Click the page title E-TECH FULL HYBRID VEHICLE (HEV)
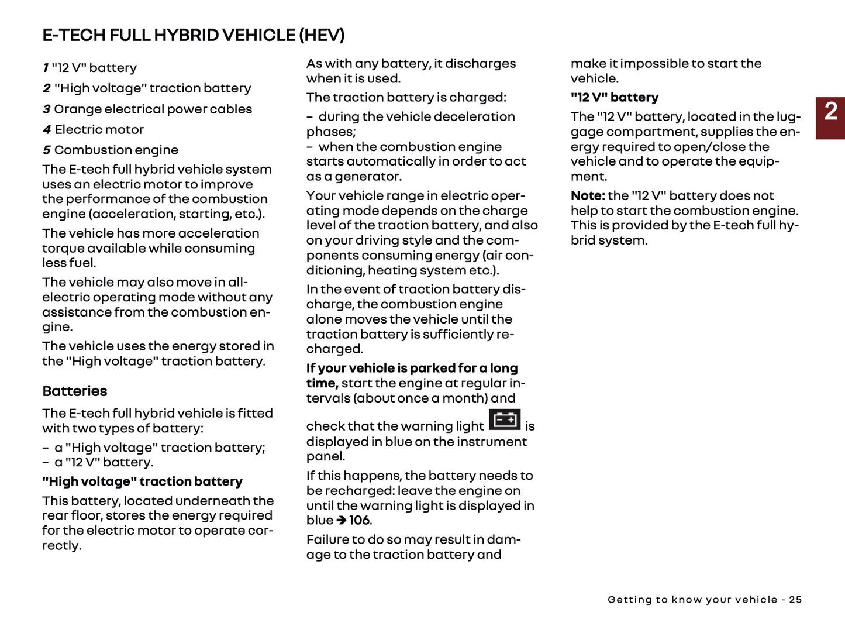point(193,35)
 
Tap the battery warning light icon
point(504,420)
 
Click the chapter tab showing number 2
point(830,118)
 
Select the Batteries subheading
point(75,391)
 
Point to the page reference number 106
point(360,520)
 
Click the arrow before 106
point(342,520)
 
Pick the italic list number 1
point(46,68)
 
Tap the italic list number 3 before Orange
point(46,109)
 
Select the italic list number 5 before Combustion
point(46,150)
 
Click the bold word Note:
point(588,195)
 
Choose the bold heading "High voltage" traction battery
point(142,481)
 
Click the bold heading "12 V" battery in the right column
point(615,97)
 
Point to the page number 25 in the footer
point(795,600)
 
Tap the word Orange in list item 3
point(76,109)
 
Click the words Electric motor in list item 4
point(99,130)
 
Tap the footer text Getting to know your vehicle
point(692,600)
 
